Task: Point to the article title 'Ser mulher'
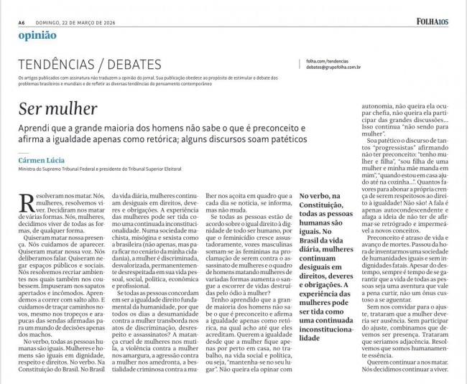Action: pos(58,109)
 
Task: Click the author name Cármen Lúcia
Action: pos(42,161)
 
